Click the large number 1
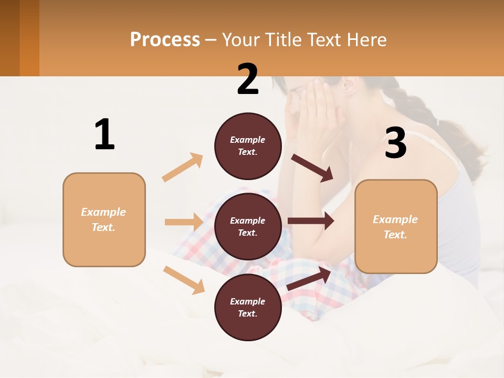[104, 135]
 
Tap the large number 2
[248, 79]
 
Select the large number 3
[395, 143]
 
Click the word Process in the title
[165, 39]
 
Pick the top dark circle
[248, 146]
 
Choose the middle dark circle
[248, 226]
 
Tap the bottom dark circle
[248, 307]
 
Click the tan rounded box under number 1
[104, 219]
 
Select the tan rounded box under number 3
[396, 226]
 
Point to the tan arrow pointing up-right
[183, 167]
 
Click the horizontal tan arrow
[184, 222]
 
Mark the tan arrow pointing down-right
[184, 279]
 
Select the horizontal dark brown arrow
[310, 221]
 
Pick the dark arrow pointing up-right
[309, 279]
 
